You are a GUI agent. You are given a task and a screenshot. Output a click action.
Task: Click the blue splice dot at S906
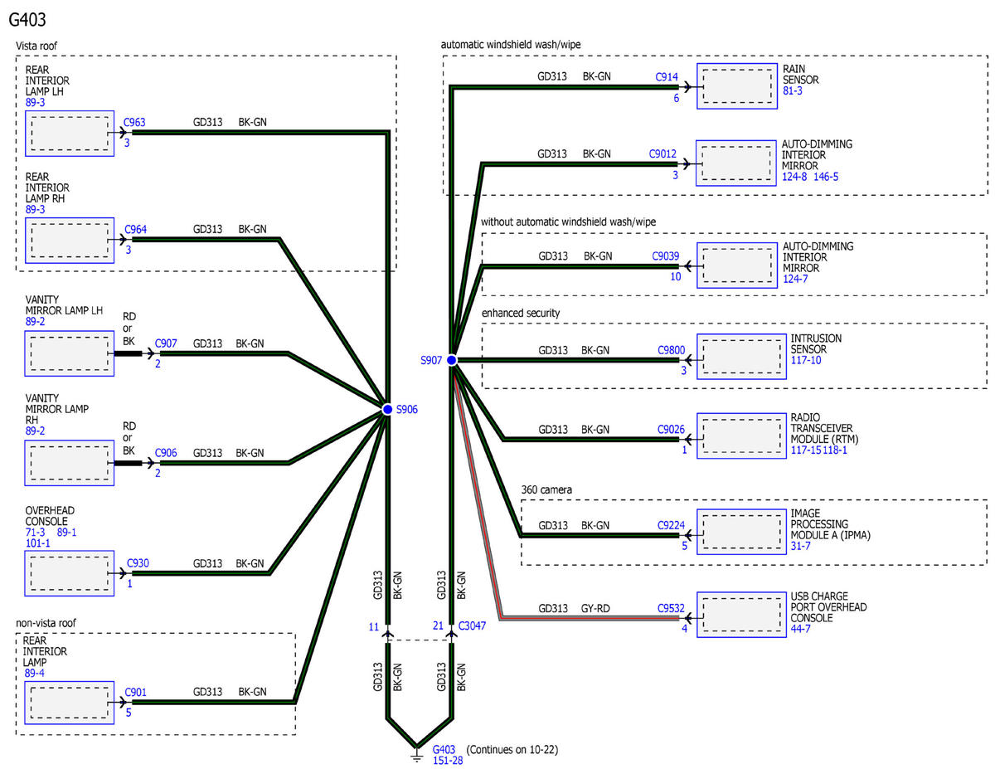387,409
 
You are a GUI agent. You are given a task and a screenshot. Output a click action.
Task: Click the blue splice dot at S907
451,360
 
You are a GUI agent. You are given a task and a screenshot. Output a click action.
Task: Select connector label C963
134,122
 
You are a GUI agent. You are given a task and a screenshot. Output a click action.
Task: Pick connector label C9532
671,608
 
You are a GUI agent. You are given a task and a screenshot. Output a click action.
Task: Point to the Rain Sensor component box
736,86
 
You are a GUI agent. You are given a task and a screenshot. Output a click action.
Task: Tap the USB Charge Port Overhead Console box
736,614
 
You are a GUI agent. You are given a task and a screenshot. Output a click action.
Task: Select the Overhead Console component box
69,573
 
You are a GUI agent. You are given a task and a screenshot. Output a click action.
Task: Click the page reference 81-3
793,91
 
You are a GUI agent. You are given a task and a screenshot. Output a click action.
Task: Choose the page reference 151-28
449,762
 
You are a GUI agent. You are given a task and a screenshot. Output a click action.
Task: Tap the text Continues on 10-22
512,750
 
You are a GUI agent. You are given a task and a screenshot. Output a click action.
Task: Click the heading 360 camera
548,489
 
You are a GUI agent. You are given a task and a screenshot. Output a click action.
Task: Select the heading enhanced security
520,313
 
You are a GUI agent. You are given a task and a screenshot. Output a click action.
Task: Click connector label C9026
671,429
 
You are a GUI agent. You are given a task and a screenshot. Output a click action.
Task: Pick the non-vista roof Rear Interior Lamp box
69,703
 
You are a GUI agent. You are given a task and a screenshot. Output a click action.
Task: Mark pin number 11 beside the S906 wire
374,627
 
